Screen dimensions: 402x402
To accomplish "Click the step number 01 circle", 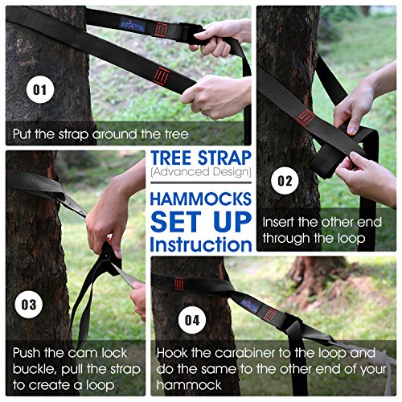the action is [40, 89].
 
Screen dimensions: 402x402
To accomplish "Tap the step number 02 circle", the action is [285, 181].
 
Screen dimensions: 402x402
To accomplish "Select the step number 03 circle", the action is [29, 305].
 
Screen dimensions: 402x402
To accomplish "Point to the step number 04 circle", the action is [192, 320].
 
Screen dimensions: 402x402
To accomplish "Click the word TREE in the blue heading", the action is [171, 158].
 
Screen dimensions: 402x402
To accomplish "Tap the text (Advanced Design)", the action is [201, 172].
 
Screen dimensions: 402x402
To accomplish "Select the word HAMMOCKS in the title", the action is [201, 199].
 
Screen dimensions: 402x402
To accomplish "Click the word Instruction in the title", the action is [201, 244].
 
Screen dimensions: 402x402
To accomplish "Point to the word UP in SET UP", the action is [232, 222].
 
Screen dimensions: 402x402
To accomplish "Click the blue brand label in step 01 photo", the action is [133, 25].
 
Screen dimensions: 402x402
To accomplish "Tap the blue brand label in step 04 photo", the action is [251, 306].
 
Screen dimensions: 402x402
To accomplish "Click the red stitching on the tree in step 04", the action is [178, 284].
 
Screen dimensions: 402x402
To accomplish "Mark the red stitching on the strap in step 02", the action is [306, 118].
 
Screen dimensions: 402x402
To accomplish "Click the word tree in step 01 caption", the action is [177, 134].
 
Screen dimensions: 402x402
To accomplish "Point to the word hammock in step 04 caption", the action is [189, 385].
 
